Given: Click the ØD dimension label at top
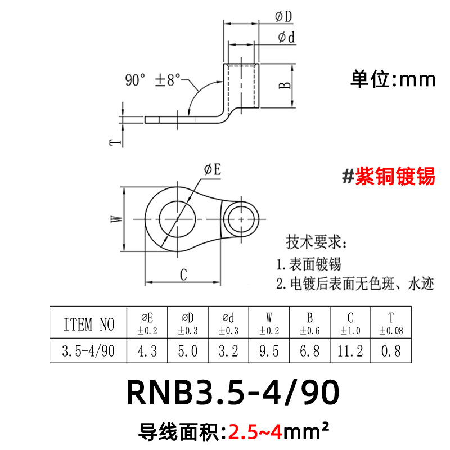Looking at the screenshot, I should [283, 17].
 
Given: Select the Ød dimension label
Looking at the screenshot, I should [286, 38].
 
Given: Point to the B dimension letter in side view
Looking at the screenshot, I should [285, 85].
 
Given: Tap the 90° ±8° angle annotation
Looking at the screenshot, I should [153, 80].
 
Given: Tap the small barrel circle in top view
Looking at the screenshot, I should [242, 217].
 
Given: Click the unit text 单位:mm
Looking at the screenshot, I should [393, 79].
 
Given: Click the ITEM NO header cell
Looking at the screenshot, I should [89, 324].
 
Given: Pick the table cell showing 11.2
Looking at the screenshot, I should [352, 352].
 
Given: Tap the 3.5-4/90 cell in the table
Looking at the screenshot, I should [89, 352].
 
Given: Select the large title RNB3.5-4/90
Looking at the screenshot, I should [233, 392].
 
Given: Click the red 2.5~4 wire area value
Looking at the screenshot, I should [254, 432].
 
